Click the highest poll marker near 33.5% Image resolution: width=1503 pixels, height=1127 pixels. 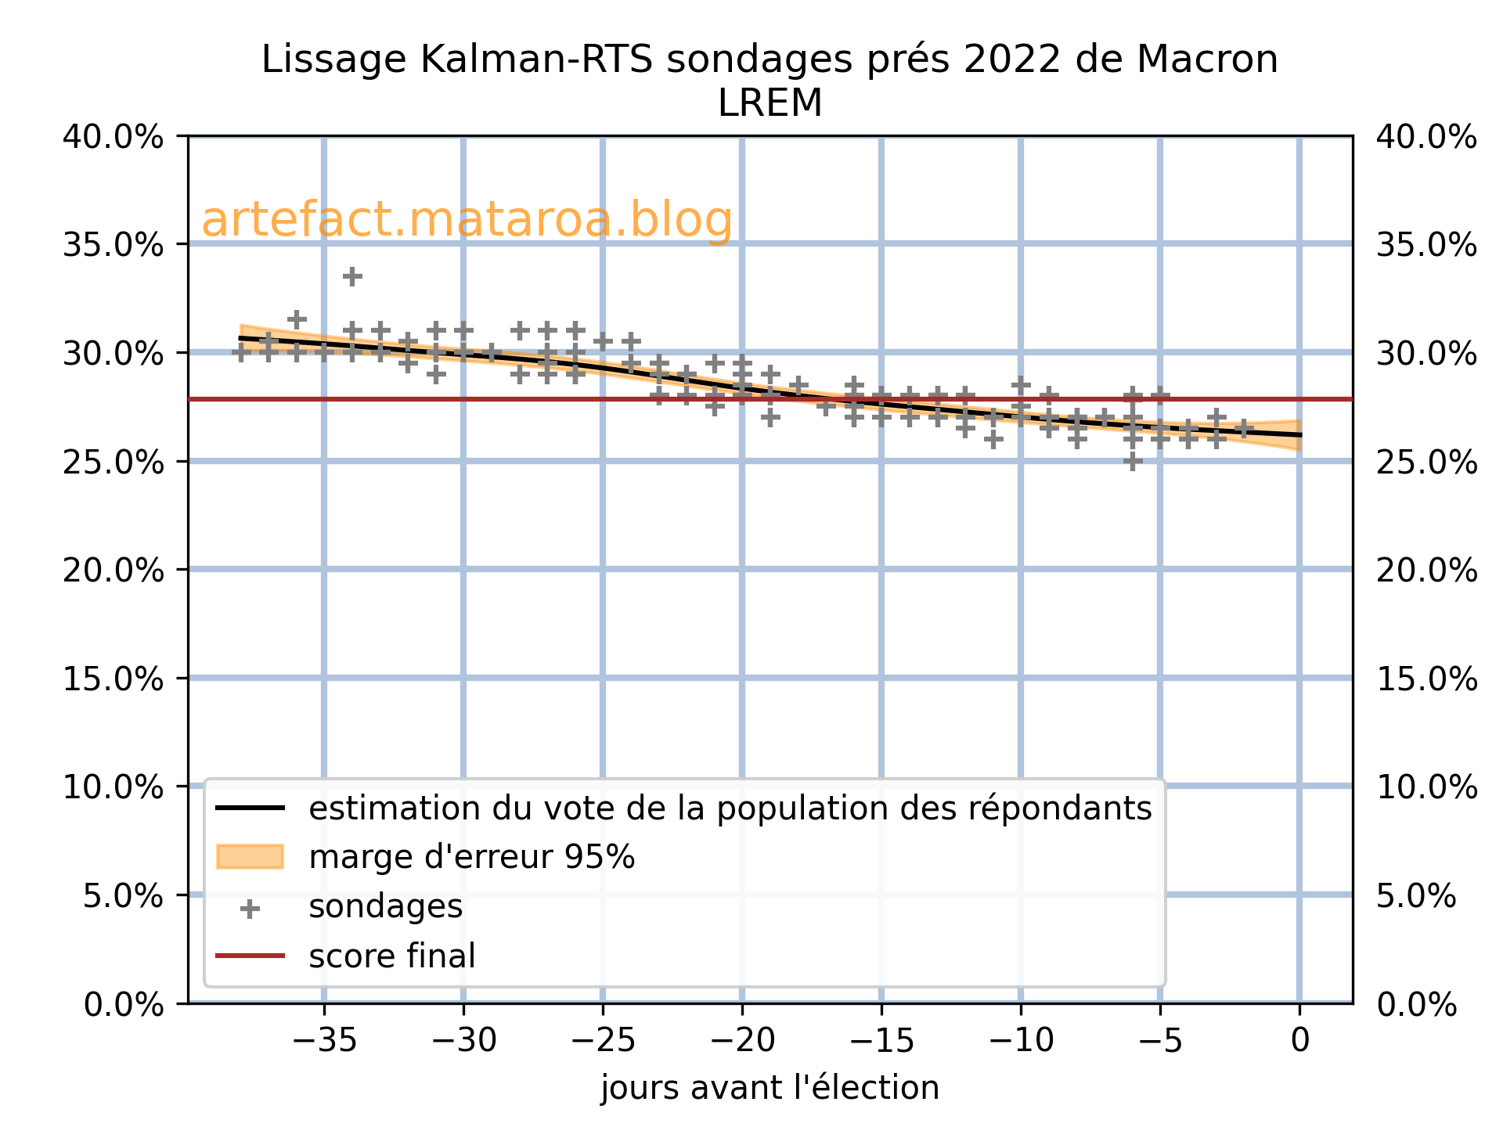pos(352,276)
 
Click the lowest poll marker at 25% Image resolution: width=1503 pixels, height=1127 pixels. pos(1133,461)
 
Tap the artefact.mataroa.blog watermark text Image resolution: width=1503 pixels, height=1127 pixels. pos(467,220)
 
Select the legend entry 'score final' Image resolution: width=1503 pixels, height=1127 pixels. pos(391,956)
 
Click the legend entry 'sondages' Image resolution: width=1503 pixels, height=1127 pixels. pos(385,907)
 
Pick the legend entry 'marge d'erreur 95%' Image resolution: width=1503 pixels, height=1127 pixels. pos(471,858)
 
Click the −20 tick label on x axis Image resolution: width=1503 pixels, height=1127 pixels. pos(741,1042)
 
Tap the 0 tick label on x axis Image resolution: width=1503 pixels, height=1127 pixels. pos(1299,1042)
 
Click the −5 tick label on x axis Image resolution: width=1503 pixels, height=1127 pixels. pos(1159,1042)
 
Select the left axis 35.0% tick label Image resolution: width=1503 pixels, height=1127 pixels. pos(114,245)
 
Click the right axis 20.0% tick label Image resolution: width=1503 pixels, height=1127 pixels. pos(1426,570)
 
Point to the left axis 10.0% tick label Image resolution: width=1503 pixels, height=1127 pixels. pos(114,787)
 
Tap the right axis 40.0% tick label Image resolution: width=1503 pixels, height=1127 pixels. pos(1426,138)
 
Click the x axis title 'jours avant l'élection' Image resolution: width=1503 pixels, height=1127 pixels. pos(770,1089)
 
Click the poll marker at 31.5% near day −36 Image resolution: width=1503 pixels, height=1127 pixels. pos(296,319)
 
